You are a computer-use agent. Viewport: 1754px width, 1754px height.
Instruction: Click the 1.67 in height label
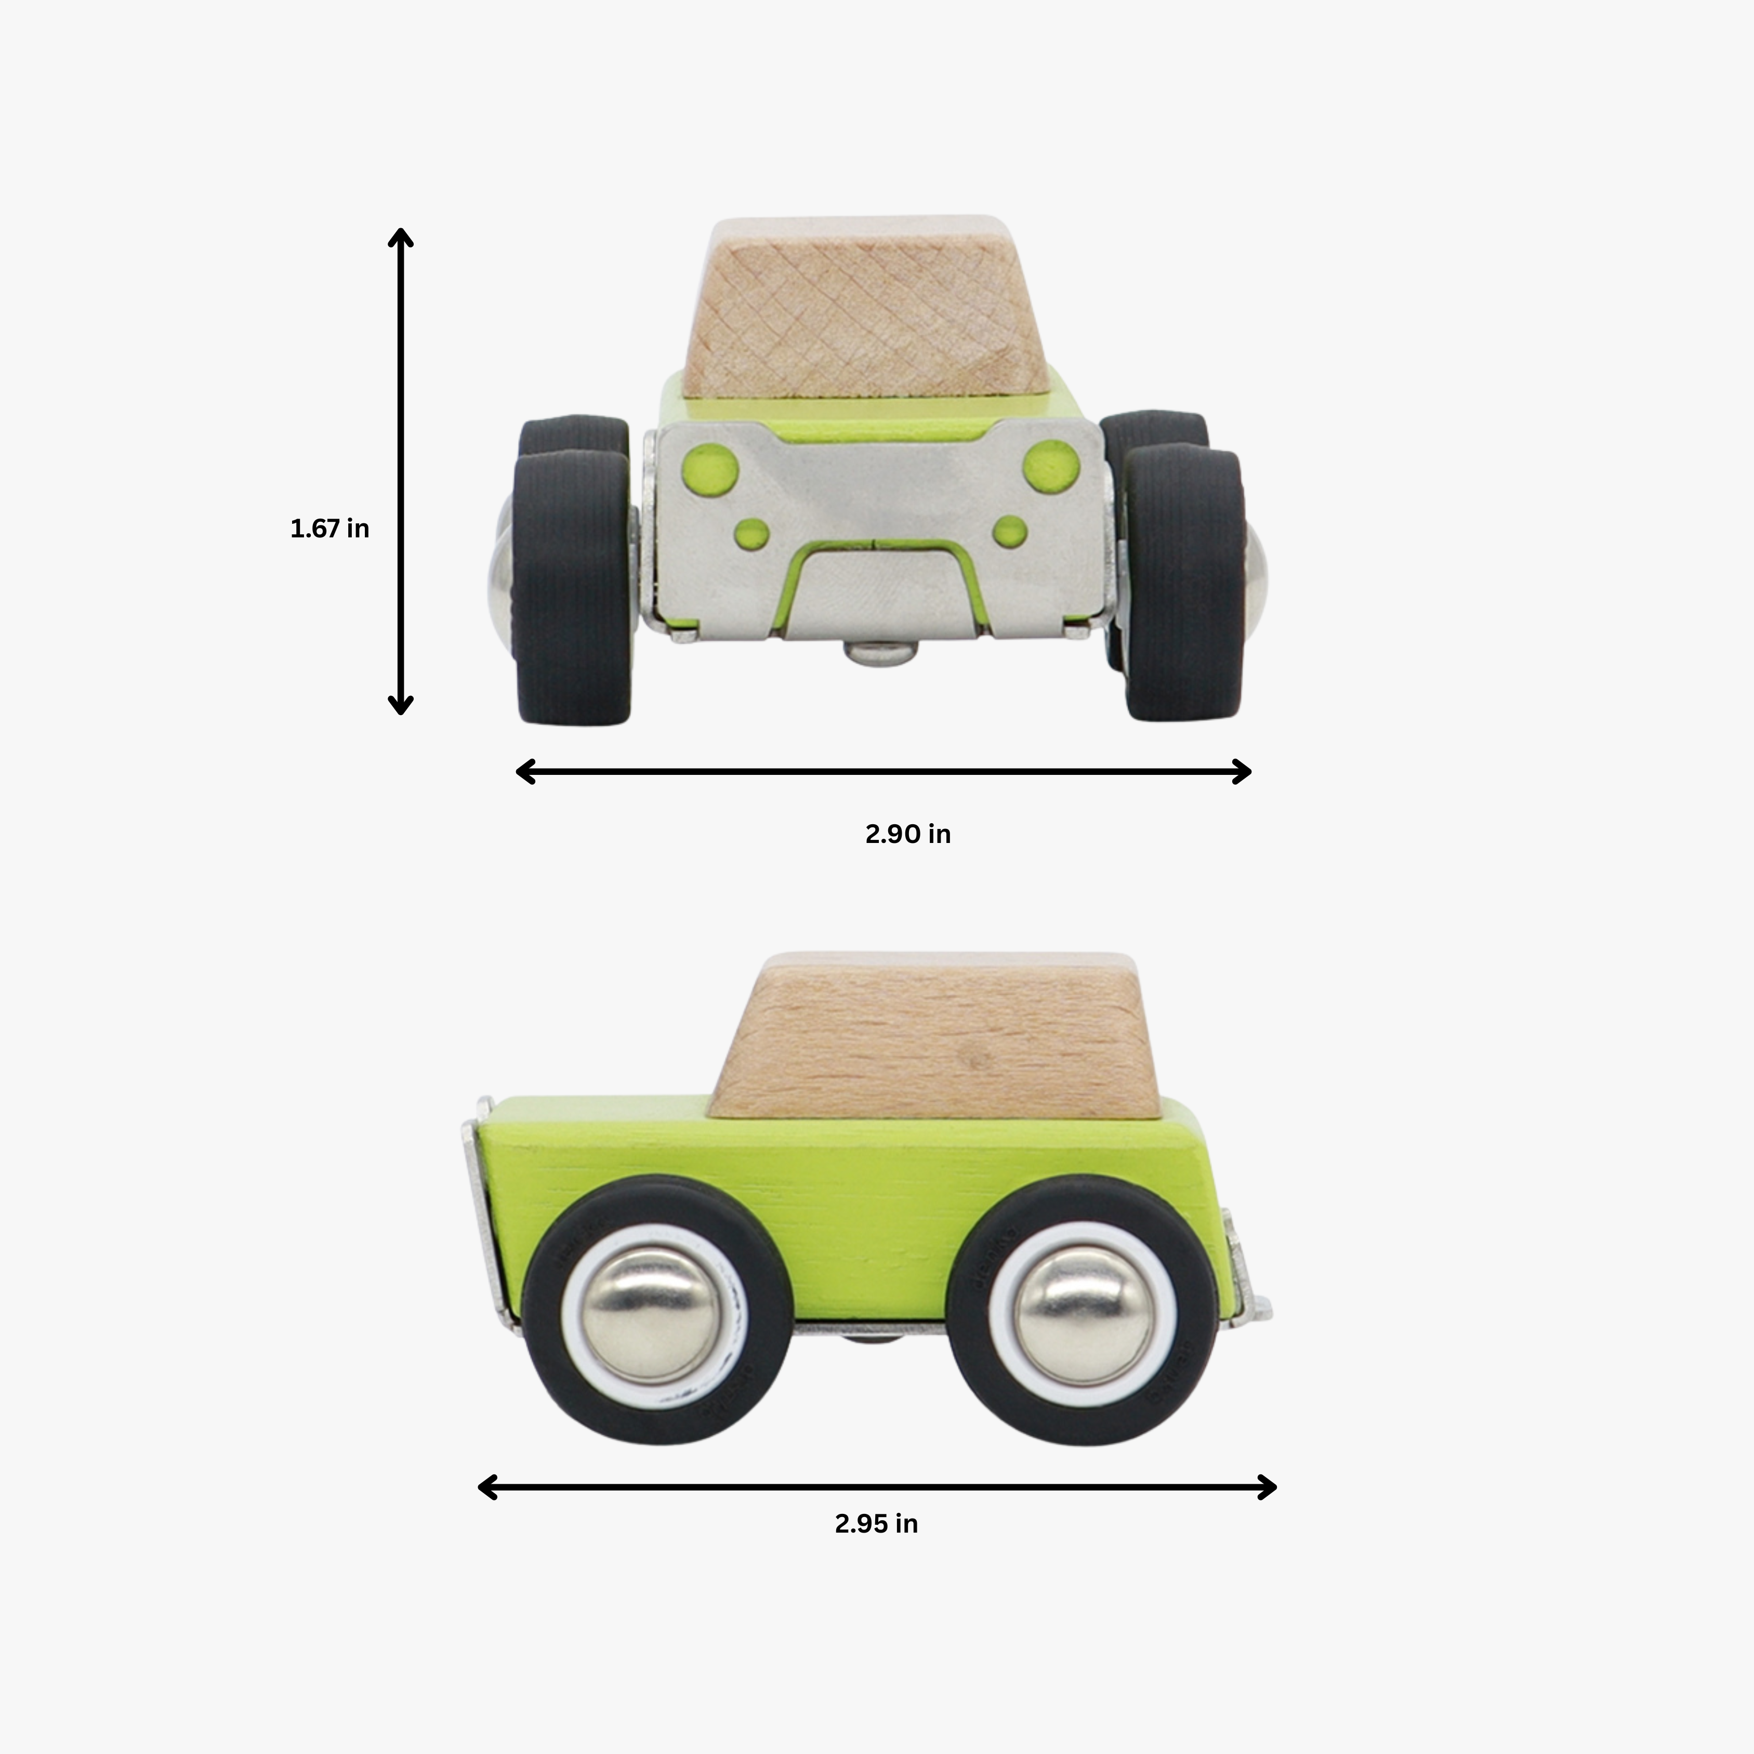(x=329, y=529)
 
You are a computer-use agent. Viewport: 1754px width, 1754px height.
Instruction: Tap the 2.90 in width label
(x=907, y=834)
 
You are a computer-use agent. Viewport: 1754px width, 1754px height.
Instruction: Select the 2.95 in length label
(x=876, y=1523)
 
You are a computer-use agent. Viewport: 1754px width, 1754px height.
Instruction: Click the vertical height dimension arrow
(x=400, y=472)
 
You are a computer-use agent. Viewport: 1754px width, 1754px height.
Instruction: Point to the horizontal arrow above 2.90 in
(x=882, y=772)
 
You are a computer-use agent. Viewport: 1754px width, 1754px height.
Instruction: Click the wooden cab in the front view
(x=863, y=309)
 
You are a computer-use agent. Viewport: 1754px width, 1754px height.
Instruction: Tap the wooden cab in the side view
(x=935, y=1035)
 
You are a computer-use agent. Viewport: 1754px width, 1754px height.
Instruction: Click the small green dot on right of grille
(x=1010, y=531)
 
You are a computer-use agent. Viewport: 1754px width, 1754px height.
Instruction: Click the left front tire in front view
(x=572, y=586)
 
